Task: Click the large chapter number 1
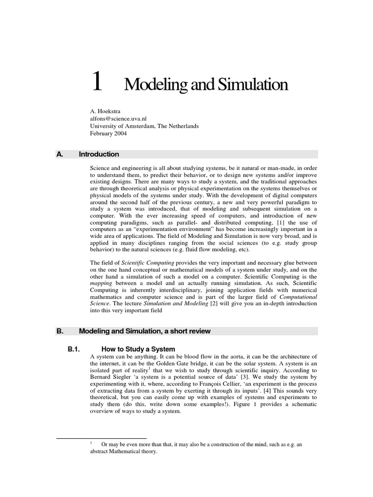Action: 97,83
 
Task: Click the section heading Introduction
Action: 99,154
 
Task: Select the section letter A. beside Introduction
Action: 60,154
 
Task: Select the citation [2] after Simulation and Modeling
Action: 213,303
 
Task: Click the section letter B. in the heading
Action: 60,331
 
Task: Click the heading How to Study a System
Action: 138,349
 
